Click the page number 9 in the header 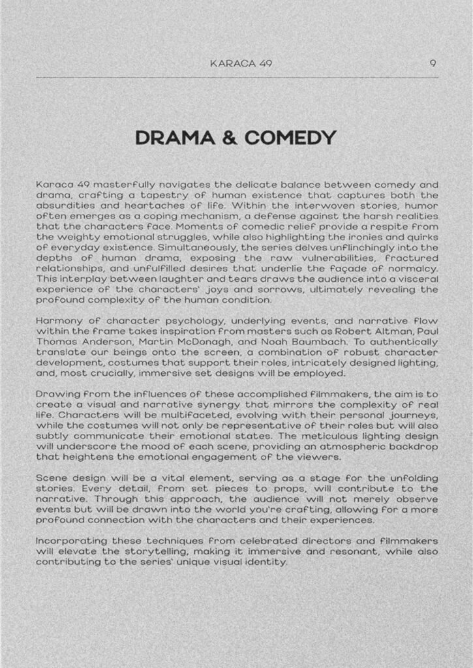[x=433, y=63]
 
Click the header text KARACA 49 [x=241, y=63]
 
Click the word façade [x=365, y=268]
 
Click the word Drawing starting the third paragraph [x=57, y=394]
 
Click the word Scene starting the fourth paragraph [x=51, y=478]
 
